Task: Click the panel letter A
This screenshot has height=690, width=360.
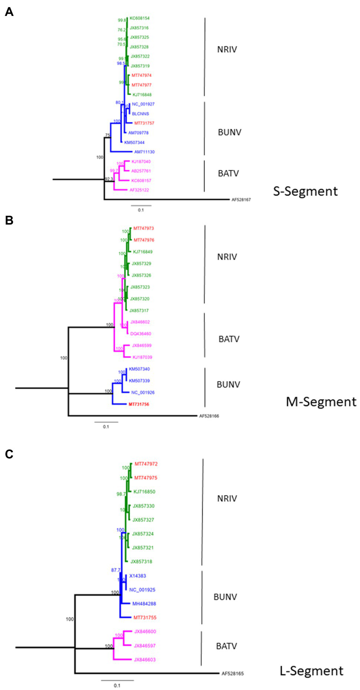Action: coord(9,12)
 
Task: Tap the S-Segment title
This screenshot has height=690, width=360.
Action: coord(305,191)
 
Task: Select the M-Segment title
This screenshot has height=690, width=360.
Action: coord(321,402)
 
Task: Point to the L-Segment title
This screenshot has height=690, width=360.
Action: coord(311,671)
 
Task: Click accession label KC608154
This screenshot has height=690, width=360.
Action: coord(139,18)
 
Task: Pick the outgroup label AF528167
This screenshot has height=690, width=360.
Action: coord(241,200)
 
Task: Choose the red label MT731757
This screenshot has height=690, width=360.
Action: coord(144,123)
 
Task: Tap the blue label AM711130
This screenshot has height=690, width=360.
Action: coord(144,152)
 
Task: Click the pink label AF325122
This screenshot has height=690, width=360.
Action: coord(139,190)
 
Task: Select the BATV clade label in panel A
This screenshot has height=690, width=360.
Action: coord(228,173)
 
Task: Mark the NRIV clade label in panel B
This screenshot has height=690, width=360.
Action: coord(227,257)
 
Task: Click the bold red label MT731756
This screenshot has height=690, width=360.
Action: coord(139,404)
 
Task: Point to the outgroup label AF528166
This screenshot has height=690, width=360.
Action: coord(209,416)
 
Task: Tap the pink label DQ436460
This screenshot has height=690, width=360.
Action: coord(141,334)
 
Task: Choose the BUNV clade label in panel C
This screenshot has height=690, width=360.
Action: coord(225,597)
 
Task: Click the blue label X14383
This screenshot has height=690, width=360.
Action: coord(138,576)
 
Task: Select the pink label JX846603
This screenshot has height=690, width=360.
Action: coord(145,660)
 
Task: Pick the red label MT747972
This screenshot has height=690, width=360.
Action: coord(146,464)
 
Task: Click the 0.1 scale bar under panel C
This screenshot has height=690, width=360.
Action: coord(117,680)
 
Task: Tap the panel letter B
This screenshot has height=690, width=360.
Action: coord(9,220)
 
